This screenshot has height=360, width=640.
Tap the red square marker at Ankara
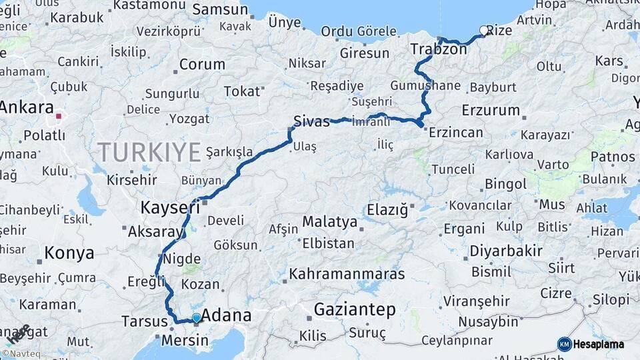tap(59, 116)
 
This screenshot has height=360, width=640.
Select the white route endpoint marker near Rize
tap(483, 30)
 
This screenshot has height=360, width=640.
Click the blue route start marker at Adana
tap(196, 318)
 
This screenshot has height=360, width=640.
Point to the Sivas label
tap(311, 122)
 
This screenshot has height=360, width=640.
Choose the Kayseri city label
tap(170, 207)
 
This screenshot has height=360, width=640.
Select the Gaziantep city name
tap(354, 310)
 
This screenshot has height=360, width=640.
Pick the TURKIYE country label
tap(149, 153)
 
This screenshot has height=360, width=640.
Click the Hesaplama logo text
tap(599, 344)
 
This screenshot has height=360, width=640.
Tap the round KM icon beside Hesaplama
tap(564, 344)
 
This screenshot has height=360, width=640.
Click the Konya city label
tap(69, 253)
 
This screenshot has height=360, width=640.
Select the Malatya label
tap(330, 221)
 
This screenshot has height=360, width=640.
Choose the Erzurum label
tap(491, 110)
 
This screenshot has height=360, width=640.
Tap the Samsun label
tap(220, 9)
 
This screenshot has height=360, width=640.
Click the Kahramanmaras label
tap(347, 274)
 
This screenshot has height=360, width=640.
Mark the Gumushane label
tap(425, 86)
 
